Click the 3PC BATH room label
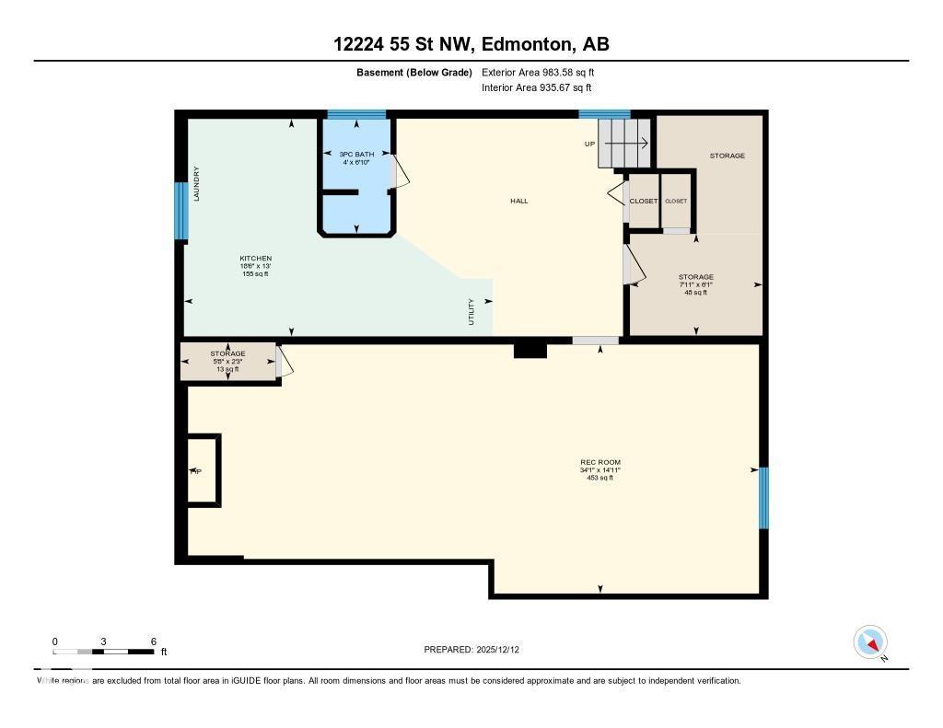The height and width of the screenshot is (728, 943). coord(356,154)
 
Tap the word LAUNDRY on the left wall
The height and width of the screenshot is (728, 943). coord(197,183)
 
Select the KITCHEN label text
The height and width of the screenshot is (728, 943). coord(255,259)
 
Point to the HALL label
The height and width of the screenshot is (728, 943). coord(519,201)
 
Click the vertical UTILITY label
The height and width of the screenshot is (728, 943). coord(471,311)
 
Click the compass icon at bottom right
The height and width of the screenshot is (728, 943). coord(870,641)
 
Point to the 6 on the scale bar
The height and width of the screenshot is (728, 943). coord(153,641)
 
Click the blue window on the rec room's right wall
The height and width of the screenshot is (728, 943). coord(763,498)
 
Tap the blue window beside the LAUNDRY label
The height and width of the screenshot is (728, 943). coord(181,211)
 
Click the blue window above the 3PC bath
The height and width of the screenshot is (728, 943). coord(356,114)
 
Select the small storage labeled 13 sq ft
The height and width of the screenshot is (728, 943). coord(227,361)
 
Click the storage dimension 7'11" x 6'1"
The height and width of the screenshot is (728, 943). coord(695,285)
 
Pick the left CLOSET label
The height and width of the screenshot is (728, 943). coord(643,201)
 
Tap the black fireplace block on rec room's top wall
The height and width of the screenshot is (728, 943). coord(530,350)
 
